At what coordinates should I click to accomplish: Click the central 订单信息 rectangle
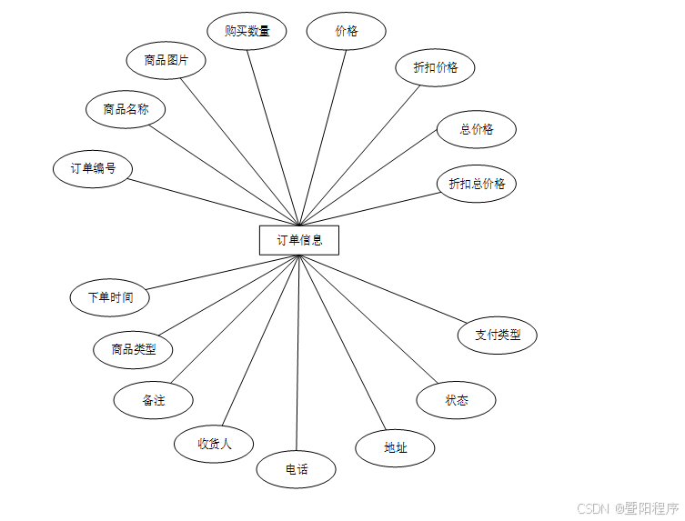pos(298,240)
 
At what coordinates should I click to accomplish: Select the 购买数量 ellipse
pos(247,31)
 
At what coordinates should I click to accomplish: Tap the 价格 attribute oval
pos(346,31)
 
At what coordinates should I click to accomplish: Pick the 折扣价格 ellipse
pos(435,67)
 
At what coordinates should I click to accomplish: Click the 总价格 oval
pos(476,129)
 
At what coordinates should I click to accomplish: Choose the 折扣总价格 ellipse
pos(476,184)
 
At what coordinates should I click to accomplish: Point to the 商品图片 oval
pos(166,61)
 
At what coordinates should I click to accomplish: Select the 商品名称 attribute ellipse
pos(126,110)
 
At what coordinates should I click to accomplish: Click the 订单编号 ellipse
pos(93,169)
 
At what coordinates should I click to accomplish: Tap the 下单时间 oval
pos(109,297)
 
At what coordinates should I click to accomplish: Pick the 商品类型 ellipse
pos(133,349)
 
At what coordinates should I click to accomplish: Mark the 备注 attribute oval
pos(153,400)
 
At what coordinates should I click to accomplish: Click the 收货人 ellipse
pos(214,444)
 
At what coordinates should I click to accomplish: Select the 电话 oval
pos(297,470)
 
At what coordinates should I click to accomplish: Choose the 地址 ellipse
pos(395,447)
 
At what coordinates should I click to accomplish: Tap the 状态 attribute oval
pos(456,400)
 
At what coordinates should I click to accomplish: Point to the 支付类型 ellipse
pos(497,335)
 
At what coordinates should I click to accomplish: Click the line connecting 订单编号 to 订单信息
pos(215,201)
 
